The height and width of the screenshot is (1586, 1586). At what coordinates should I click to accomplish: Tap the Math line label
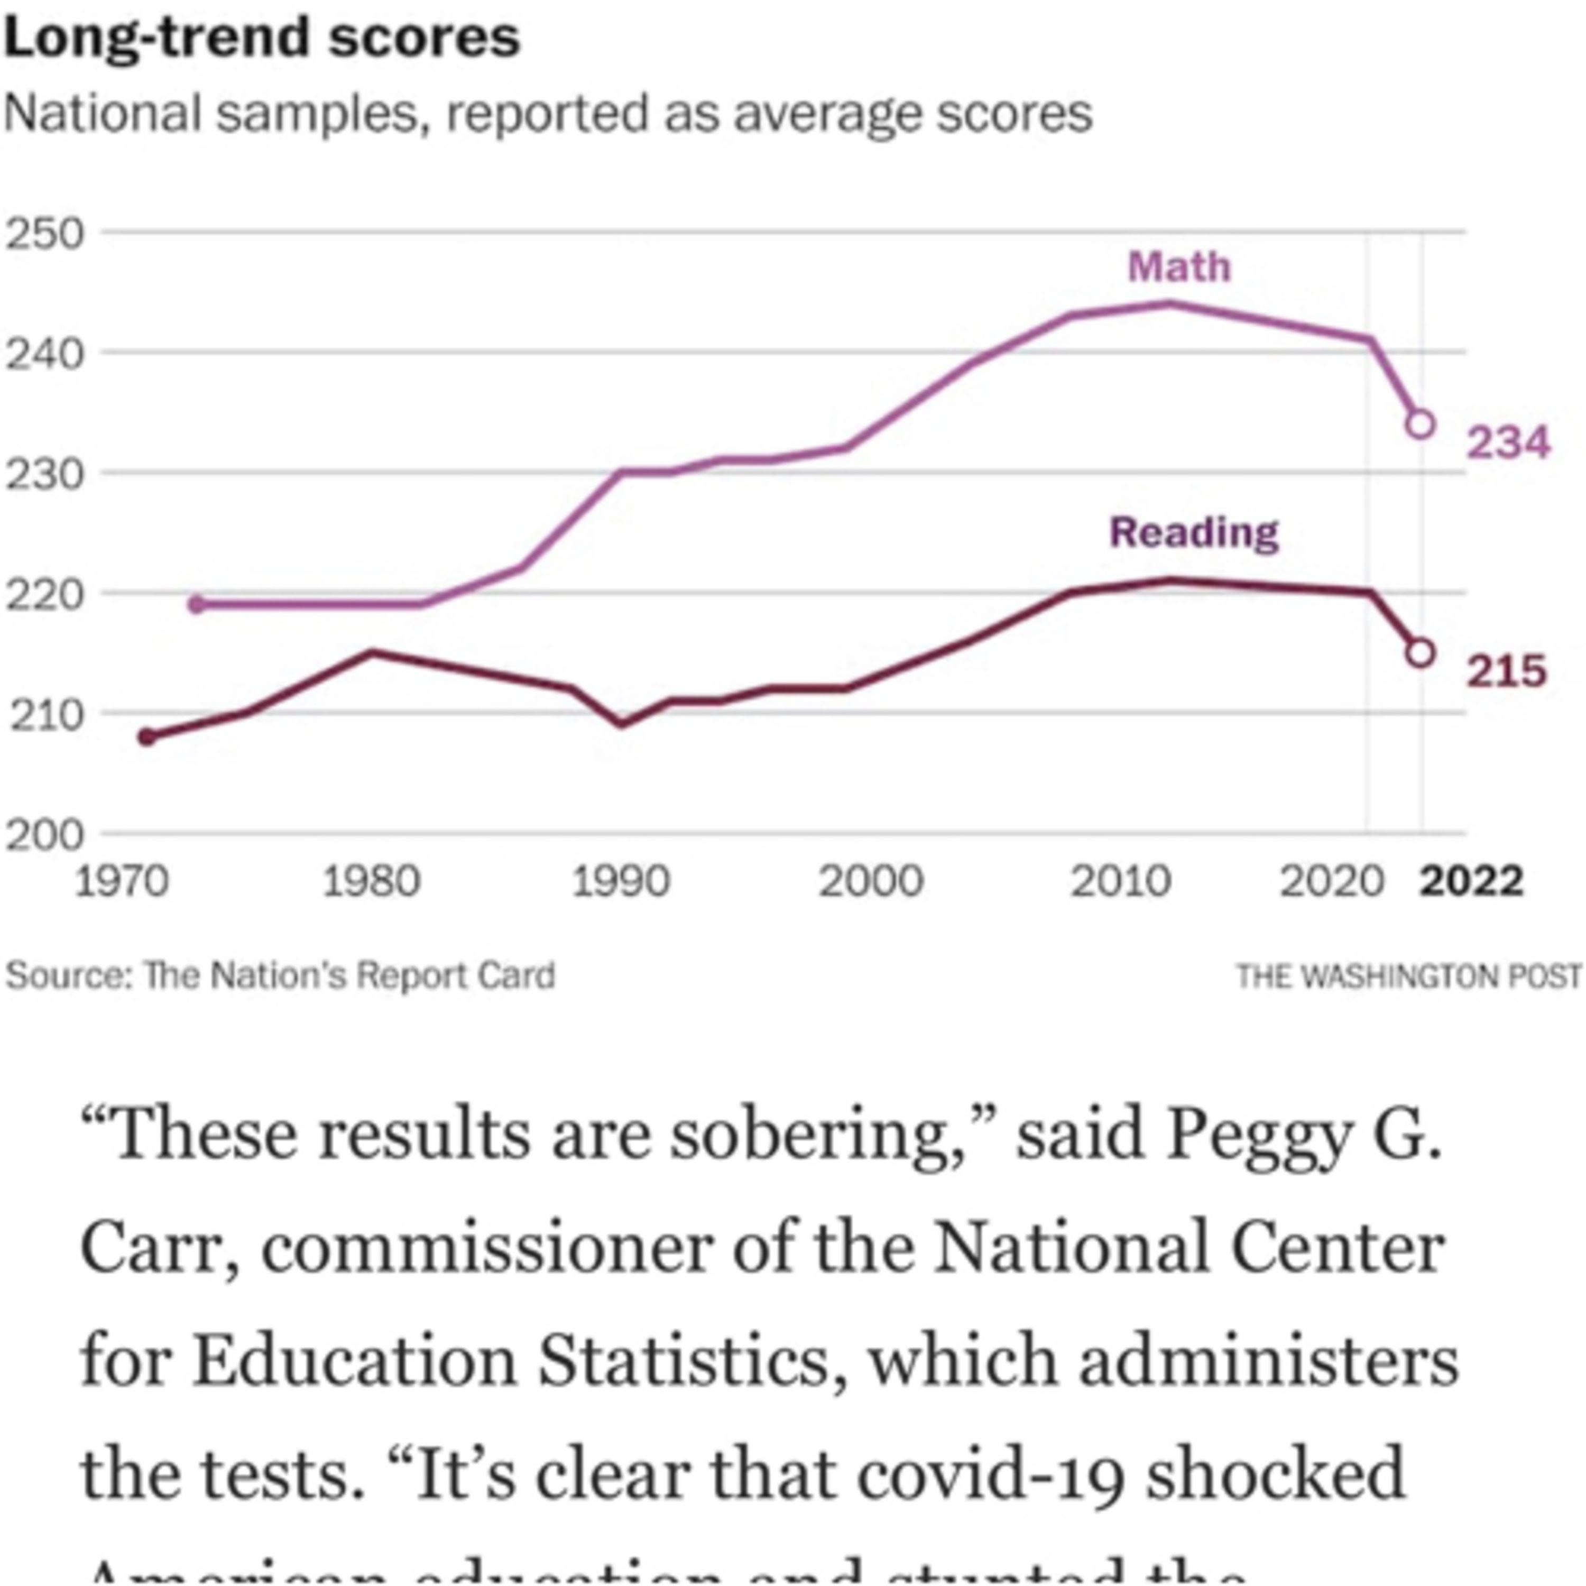point(1179,267)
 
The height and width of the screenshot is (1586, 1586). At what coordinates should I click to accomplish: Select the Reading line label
point(1194,533)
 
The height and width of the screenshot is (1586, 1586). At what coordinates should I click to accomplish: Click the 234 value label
point(1508,444)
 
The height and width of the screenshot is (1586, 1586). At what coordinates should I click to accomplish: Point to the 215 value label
point(1506,671)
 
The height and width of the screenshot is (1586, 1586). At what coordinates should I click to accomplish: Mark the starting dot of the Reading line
point(147,737)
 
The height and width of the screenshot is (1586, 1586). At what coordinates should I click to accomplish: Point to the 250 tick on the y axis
point(45,235)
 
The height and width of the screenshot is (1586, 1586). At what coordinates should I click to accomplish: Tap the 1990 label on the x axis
point(621,882)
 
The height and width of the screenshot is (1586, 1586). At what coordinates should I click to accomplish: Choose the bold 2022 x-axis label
point(1471,882)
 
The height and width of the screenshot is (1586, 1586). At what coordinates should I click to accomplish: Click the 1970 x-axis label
point(122,882)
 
